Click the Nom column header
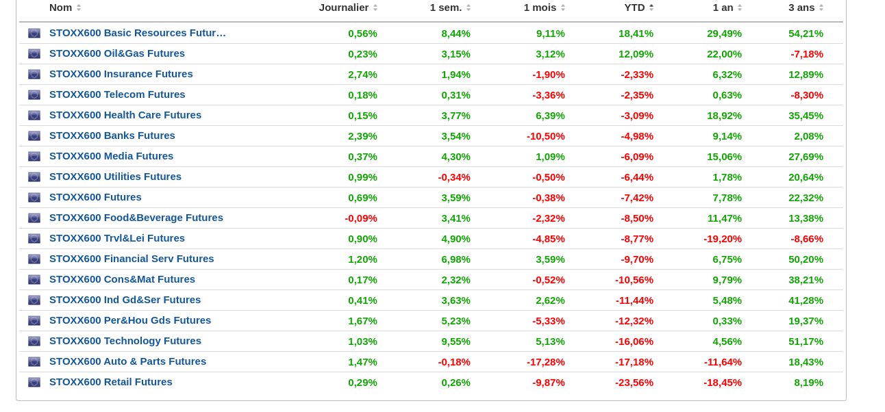pyautogui.click(x=60, y=8)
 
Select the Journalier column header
pyautogui.click(x=343, y=8)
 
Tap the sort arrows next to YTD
pyautogui.click(x=651, y=8)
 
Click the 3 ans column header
pyautogui.click(x=801, y=8)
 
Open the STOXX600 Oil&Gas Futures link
pyautogui.click(x=117, y=53)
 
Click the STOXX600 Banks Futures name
pyautogui.click(x=112, y=136)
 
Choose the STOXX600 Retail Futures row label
pyautogui.click(x=111, y=382)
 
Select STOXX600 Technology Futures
pyautogui.click(x=125, y=341)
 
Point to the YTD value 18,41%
pyautogui.click(x=636, y=33)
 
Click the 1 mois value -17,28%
pyautogui.click(x=546, y=361)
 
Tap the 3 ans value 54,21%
pyautogui.click(x=806, y=33)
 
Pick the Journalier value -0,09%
pyautogui.click(x=361, y=218)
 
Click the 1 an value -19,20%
pyautogui.click(x=723, y=238)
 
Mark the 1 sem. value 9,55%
pyautogui.click(x=456, y=341)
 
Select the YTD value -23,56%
pyautogui.click(x=634, y=382)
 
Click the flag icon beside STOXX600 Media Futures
pyautogui.click(x=34, y=156)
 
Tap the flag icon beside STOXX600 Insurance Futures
pyautogui.click(x=34, y=74)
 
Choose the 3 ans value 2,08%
pyautogui.click(x=808, y=136)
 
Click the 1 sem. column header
pyautogui.click(x=445, y=8)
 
